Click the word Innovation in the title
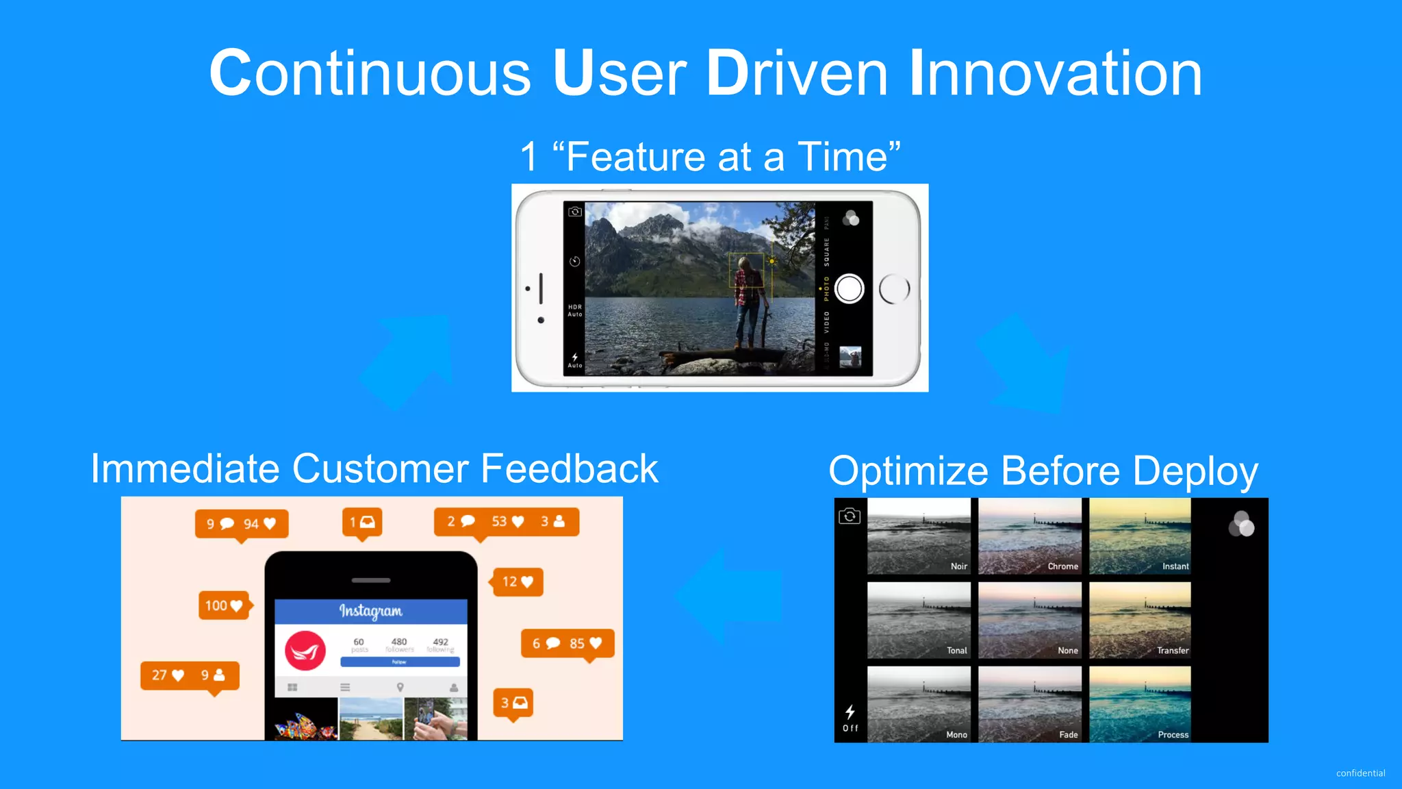point(1055,73)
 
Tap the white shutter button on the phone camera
point(850,288)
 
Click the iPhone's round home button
point(894,289)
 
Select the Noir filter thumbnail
point(918,536)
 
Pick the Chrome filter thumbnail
point(1030,536)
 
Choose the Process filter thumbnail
point(1140,703)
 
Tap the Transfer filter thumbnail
point(1140,620)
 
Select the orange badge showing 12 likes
point(518,581)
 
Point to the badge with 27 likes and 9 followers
point(190,675)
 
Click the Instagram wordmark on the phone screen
point(371,610)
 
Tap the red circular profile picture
point(305,651)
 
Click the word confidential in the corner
point(1360,773)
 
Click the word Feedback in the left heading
point(570,469)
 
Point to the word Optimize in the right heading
point(908,471)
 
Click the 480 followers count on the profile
point(399,644)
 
